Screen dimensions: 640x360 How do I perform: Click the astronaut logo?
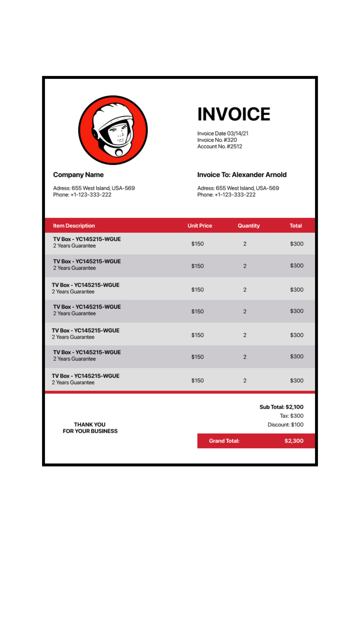[113, 130]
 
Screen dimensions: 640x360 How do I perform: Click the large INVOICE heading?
[234, 114]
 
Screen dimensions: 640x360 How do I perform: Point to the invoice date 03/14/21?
[238, 133]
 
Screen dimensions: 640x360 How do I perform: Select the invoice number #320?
[230, 140]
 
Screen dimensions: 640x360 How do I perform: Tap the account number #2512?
[234, 146]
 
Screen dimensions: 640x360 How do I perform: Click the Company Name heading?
[78, 175]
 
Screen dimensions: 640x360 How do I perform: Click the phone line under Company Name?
[82, 194]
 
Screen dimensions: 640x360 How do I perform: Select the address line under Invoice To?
[238, 188]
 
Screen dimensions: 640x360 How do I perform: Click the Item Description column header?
[74, 226]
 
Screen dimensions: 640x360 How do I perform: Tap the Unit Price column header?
[200, 226]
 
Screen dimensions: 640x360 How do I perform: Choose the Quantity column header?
[248, 226]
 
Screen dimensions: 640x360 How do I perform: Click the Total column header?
[296, 226]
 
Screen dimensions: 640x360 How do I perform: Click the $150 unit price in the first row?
[197, 244]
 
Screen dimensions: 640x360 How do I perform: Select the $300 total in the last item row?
[297, 380]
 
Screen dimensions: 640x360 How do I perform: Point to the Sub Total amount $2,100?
[294, 407]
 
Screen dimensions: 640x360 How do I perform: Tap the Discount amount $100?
[297, 425]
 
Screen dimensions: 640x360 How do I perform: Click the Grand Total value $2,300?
[294, 441]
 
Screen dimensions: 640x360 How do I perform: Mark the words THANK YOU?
[90, 424]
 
